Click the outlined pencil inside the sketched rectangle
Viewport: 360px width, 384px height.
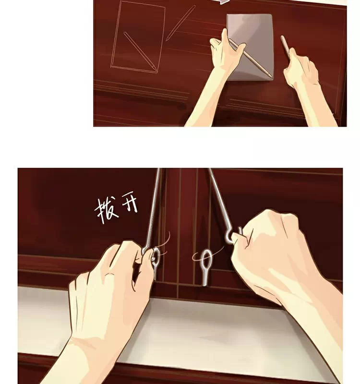[140, 51]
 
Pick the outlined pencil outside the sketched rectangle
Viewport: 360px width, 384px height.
[181, 23]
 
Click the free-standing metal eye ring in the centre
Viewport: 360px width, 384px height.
[206, 267]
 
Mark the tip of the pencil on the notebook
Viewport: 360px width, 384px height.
[271, 77]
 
